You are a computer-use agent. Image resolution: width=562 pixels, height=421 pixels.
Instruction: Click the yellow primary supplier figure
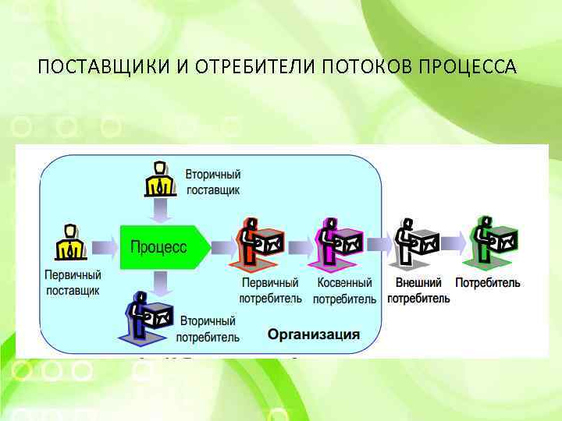pos(70,242)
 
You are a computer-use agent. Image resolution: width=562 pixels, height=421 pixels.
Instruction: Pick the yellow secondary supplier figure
pos(159,179)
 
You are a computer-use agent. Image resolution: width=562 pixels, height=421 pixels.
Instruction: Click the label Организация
pos(314,334)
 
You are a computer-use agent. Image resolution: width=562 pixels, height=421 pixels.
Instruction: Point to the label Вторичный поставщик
pos(213,182)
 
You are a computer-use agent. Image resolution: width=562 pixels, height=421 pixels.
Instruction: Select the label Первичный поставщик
pos(73,283)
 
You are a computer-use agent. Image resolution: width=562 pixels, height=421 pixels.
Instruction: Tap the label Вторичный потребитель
pos(208,329)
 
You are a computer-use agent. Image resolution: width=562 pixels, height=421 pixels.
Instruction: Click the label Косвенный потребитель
pos(344,290)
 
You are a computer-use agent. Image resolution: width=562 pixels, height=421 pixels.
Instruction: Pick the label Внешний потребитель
pos(418,290)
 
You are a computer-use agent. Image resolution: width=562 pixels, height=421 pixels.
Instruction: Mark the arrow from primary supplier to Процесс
pos(103,246)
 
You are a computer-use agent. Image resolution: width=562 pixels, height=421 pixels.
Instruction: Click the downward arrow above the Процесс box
pos(160,209)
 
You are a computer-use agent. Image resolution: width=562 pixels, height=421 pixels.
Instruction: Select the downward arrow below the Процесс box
pos(160,281)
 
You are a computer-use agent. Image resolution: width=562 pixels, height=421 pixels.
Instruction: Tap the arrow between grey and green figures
pos(454,243)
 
